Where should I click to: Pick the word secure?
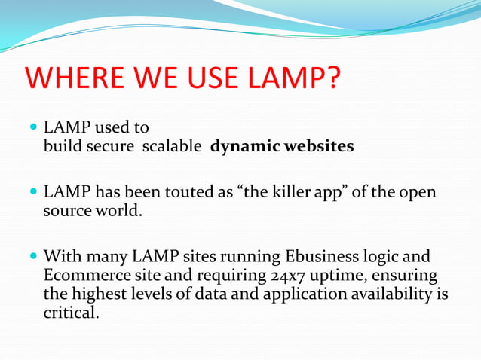tap(113, 146)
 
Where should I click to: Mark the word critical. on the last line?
tap(71, 312)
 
